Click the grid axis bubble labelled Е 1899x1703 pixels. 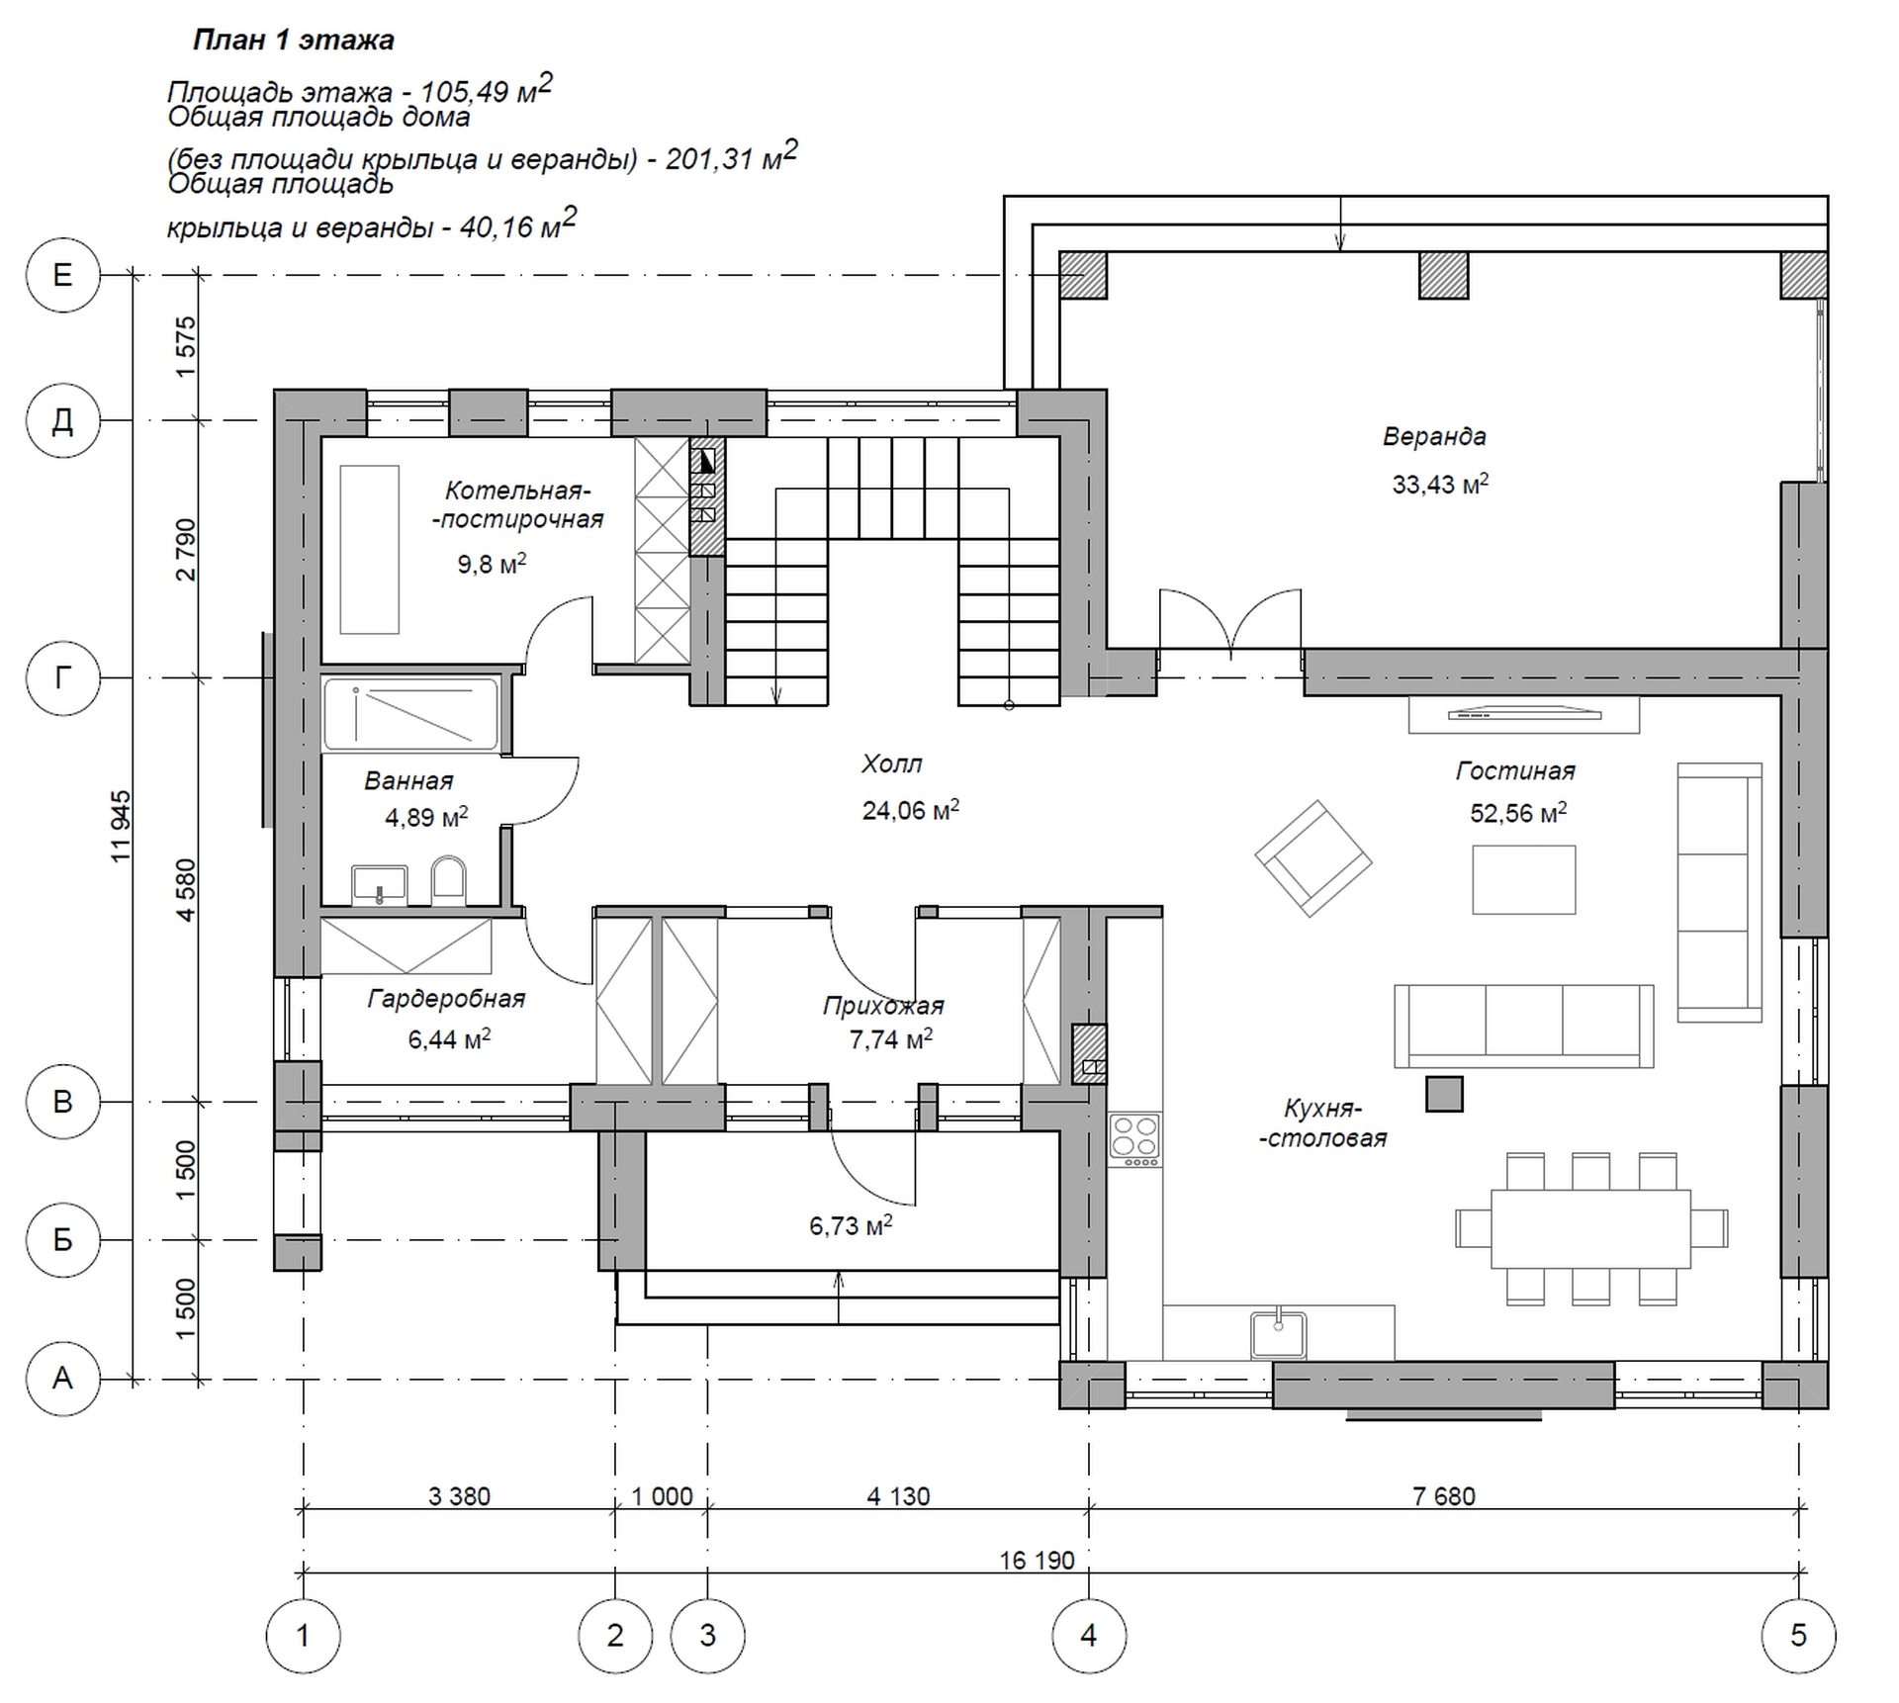[x=62, y=275]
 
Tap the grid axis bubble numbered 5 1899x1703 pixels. [x=1798, y=1635]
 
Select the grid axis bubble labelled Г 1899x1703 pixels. [x=62, y=677]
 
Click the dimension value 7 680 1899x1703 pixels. [x=1444, y=1496]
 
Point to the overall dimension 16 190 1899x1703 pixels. [x=1037, y=1561]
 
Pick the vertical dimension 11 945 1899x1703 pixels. [x=121, y=826]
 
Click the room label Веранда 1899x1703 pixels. [x=1434, y=436]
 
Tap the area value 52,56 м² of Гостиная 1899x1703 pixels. [x=1518, y=813]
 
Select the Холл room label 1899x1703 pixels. [x=891, y=763]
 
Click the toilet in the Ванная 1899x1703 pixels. [x=449, y=880]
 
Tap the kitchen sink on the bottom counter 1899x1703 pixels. [x=1278, y=1333]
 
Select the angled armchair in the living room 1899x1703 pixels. [x=1312, y=858]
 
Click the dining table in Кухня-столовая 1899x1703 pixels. [x=1590, y=1228]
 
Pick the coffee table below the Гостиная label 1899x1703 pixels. [x=1523, y=879]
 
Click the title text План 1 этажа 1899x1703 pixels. [x=293, y=40]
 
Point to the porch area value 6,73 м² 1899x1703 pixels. [x=851, y=1225]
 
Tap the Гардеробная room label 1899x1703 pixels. [x=446, y=999]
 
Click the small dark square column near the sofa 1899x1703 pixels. [x=1444, y=1094]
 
